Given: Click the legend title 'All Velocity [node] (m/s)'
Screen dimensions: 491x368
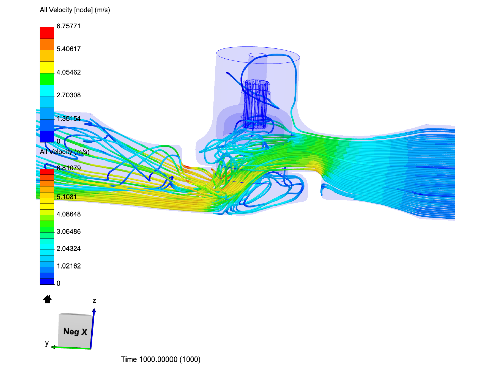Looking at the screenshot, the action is [75, 10].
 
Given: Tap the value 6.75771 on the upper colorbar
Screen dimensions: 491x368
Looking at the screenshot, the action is [69, 26].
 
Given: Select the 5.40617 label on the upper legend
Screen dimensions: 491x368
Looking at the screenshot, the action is [69, 49].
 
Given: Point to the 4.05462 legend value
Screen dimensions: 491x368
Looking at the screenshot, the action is [69, 72].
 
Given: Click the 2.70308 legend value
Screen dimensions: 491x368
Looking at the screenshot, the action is [69, 95].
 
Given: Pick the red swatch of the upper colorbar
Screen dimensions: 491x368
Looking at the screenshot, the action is [47, 33].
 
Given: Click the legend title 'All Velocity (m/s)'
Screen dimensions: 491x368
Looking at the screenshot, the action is [64, 152].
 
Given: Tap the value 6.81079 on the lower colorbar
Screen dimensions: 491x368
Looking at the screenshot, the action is [69, 168].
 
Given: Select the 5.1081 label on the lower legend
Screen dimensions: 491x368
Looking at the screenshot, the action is [66, 197].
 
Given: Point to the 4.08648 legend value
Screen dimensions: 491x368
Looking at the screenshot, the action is [69, 214].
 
